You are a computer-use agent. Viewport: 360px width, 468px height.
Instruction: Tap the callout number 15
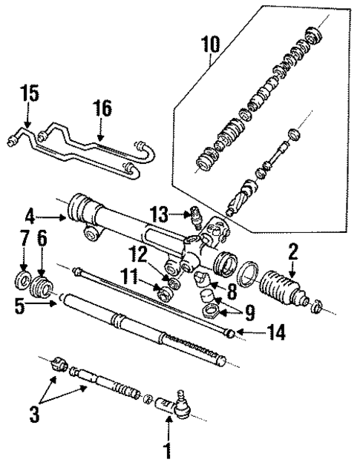coord(29,96)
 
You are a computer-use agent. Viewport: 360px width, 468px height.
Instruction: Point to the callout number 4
coord(30,217)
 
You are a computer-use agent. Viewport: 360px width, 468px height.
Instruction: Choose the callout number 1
coord(168,448)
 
